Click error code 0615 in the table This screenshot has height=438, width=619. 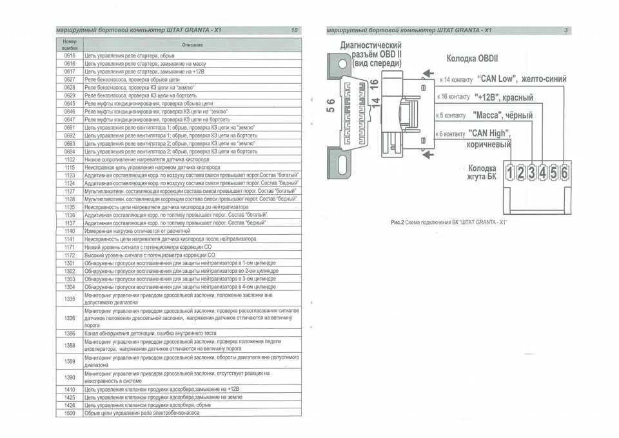click(70, 56)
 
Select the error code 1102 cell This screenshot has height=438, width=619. click(70, 159)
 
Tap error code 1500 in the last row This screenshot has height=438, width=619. click(70, 413)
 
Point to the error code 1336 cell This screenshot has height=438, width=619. click(70, 318)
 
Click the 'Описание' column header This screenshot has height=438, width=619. click(192, 45)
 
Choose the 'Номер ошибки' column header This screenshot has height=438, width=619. click(70, 45)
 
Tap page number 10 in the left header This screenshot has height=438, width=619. click(294, 30)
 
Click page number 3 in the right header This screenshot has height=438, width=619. click(565, 30)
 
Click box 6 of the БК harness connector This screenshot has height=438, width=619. click(564, 172)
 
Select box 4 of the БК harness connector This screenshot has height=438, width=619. click(542, 172)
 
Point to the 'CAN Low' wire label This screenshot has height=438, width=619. click(496, 79)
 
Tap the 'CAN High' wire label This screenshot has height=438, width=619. click(489, 133)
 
